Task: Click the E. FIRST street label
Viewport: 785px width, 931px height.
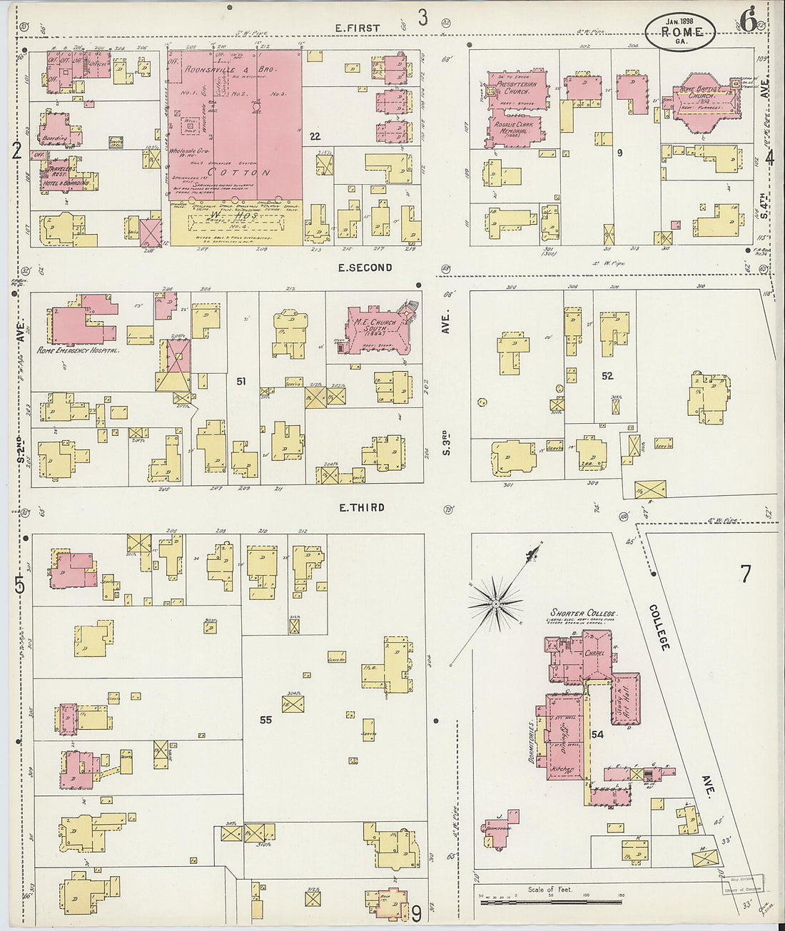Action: [359, 28]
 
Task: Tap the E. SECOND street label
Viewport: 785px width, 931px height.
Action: [365, 268]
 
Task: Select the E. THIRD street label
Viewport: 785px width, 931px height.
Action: [362, 507]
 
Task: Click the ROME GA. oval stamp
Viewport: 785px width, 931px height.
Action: [679, 31]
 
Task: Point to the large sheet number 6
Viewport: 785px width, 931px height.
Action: [748, 21]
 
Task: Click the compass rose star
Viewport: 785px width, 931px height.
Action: [495, 605]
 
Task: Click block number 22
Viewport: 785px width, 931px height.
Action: [315, 136]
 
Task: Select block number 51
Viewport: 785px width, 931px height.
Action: [241, 382]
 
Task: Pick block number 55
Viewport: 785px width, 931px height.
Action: [265, 720]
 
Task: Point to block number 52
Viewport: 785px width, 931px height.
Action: [607, 376]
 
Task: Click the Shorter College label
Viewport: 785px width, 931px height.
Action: [583, 613]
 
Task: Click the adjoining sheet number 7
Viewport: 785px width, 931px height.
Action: [746, 574]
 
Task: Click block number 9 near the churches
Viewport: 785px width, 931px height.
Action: [619, 152]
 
